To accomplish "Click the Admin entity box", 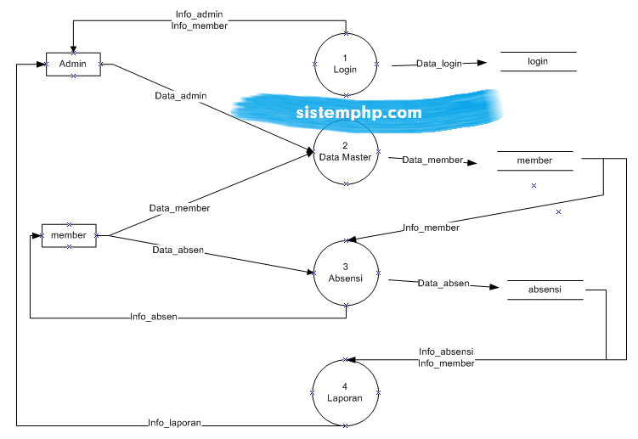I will point(73,64).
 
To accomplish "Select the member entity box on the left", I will point(69,235).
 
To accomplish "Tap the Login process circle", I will point(346,64).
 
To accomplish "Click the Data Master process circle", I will point(346,152).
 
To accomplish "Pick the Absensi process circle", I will point(346,273).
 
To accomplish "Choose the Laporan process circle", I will point(346,391).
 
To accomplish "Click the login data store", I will point(538,61).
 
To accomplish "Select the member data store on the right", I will point(534,160).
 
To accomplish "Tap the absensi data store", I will point(545,290).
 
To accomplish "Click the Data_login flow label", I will point(438,64).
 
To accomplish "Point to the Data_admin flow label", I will point(180,96).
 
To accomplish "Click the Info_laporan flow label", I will point(174,422).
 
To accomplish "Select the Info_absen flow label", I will point(154,317).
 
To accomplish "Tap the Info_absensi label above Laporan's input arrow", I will point(446,352).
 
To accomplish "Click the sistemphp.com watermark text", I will point(359,111).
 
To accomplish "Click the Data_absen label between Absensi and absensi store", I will point(443,283).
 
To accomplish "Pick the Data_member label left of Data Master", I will point(179,207).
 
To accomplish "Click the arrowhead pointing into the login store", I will point(482,63).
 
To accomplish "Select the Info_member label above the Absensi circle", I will point(431,228).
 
